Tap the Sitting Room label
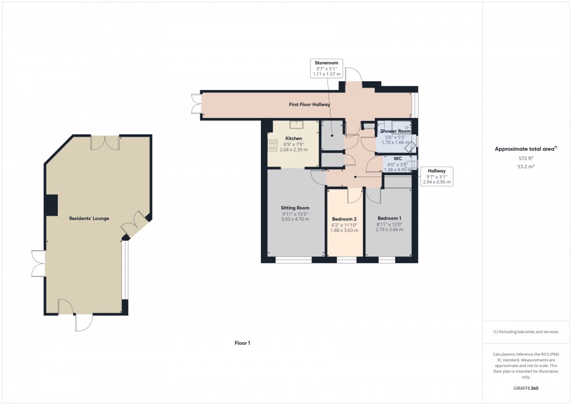[295, 207]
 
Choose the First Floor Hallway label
[309, 105]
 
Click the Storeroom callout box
[326, 69]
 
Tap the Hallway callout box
[437, 176]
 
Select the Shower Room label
[396, 131]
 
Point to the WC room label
[397, 159]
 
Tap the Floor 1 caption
[242, 343]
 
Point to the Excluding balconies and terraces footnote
[526, 331]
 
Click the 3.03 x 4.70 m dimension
[295, 219]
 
